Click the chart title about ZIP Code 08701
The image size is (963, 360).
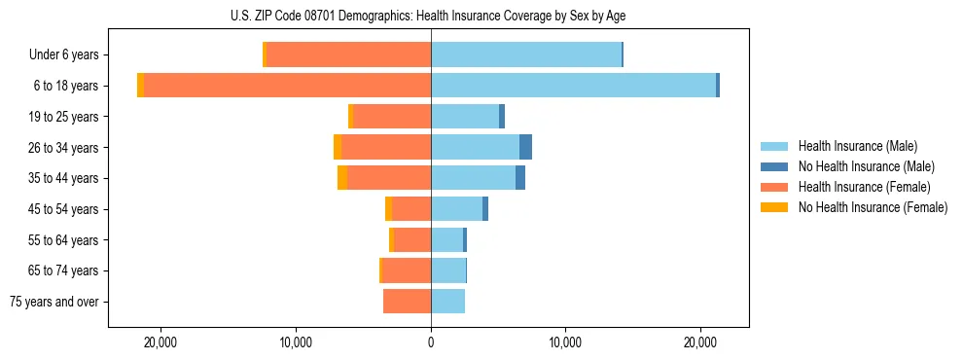click(x=428, y=16)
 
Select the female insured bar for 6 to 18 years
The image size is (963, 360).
click(x=287, y=86)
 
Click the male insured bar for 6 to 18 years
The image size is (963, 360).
click(x=573, y=86)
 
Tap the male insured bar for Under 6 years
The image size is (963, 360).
click(x=525, y=54)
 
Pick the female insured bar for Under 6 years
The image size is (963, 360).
click(x=348, y=54)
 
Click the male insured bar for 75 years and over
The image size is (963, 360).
click(x=447, y=302)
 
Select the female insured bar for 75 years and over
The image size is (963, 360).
click(x=407, y=302)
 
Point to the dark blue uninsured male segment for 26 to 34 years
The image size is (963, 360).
click(x=525, y=147)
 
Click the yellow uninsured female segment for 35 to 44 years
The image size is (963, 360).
click(x=342, y=178)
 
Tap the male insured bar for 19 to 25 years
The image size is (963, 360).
click(x=465, y=117)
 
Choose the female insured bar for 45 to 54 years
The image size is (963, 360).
click(x=411, y=209)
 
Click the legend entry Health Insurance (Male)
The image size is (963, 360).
click(x=857, y=146)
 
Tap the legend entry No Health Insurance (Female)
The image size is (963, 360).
click(x=873, y=207)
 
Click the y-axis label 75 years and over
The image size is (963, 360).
click(x=54, y=302)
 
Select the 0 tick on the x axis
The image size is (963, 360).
click(x=431, y=342)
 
